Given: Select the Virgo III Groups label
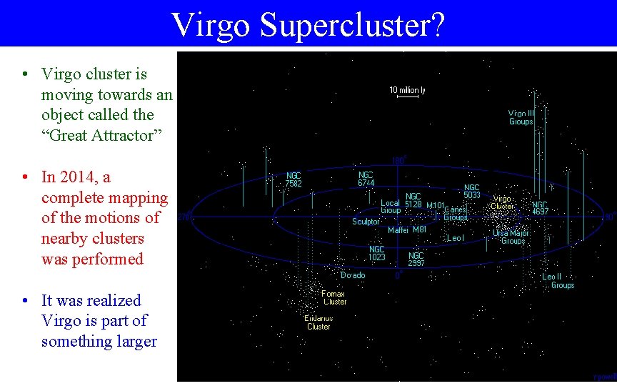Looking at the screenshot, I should point(521,117).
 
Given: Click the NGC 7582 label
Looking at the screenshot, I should point(294,179).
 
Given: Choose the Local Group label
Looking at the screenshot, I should point(390,207).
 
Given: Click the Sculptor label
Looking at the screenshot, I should point(366,222).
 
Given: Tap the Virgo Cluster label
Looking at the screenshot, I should point(502,202).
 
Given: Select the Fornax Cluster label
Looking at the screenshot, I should point(333,297).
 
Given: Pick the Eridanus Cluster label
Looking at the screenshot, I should point(318,322).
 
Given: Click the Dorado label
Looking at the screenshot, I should point(353,275).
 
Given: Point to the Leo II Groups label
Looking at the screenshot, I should point(558,281).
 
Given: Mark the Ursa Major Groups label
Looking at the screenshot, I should point(510,237).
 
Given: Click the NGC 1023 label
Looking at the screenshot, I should point(377,253).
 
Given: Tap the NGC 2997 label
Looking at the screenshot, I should point(416,259).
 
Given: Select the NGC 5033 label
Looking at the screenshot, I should point(472,191).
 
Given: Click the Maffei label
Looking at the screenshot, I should point(398,230).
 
